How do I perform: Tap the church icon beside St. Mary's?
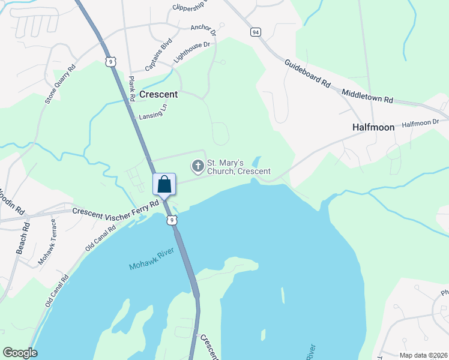197,165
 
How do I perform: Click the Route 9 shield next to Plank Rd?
109,61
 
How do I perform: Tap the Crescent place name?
158,94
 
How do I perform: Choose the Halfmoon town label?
373,128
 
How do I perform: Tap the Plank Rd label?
131,88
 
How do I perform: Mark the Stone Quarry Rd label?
61,84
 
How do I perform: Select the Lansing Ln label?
153,112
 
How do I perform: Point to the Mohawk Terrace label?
47,242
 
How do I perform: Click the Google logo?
20,353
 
